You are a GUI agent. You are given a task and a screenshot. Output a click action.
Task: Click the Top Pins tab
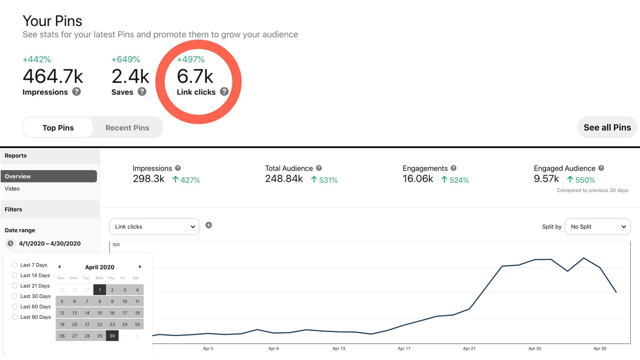click(x=58, y=128)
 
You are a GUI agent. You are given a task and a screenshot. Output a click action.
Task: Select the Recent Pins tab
click(x=127, y=128)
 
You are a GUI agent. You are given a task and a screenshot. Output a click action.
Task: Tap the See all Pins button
click(x=607, y=127)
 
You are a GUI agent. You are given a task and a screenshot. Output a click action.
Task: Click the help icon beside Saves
click(x=142, y=92)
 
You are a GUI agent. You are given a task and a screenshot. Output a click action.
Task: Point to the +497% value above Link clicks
click(x=191, y=59)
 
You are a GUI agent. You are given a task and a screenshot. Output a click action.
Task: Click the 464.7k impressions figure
click(x=53, y=76)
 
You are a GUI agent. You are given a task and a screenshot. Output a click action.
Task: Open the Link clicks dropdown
click(x=154, y=227)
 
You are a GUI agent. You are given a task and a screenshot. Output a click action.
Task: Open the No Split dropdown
click(x=597, y=227)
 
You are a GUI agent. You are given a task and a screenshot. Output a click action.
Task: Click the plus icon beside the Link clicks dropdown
click(x=209, y=225)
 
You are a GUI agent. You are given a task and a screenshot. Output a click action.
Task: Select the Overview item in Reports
click(x=49, y=176)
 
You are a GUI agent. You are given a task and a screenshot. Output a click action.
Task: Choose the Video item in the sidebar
click(x=12, y=189)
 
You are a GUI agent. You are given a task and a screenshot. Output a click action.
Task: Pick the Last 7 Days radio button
click(x=15, y=265)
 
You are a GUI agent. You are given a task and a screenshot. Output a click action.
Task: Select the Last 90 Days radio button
click(x=15, y=317)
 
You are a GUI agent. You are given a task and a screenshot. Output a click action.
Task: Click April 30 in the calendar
click(x=112, y=336)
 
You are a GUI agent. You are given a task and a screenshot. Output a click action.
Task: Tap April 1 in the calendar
click(x=100, y=290)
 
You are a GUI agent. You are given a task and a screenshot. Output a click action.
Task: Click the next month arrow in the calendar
click(x=140, y=267)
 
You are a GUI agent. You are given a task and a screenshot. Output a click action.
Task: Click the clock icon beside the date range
click(x=11, y=244)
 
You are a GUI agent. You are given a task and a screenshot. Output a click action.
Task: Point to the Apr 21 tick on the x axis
click(x=469, y=348)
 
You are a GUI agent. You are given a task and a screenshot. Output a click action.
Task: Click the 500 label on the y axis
click(x=116, y=245)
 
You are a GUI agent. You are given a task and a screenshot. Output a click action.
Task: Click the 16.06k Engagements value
click(x=418, y=179)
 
